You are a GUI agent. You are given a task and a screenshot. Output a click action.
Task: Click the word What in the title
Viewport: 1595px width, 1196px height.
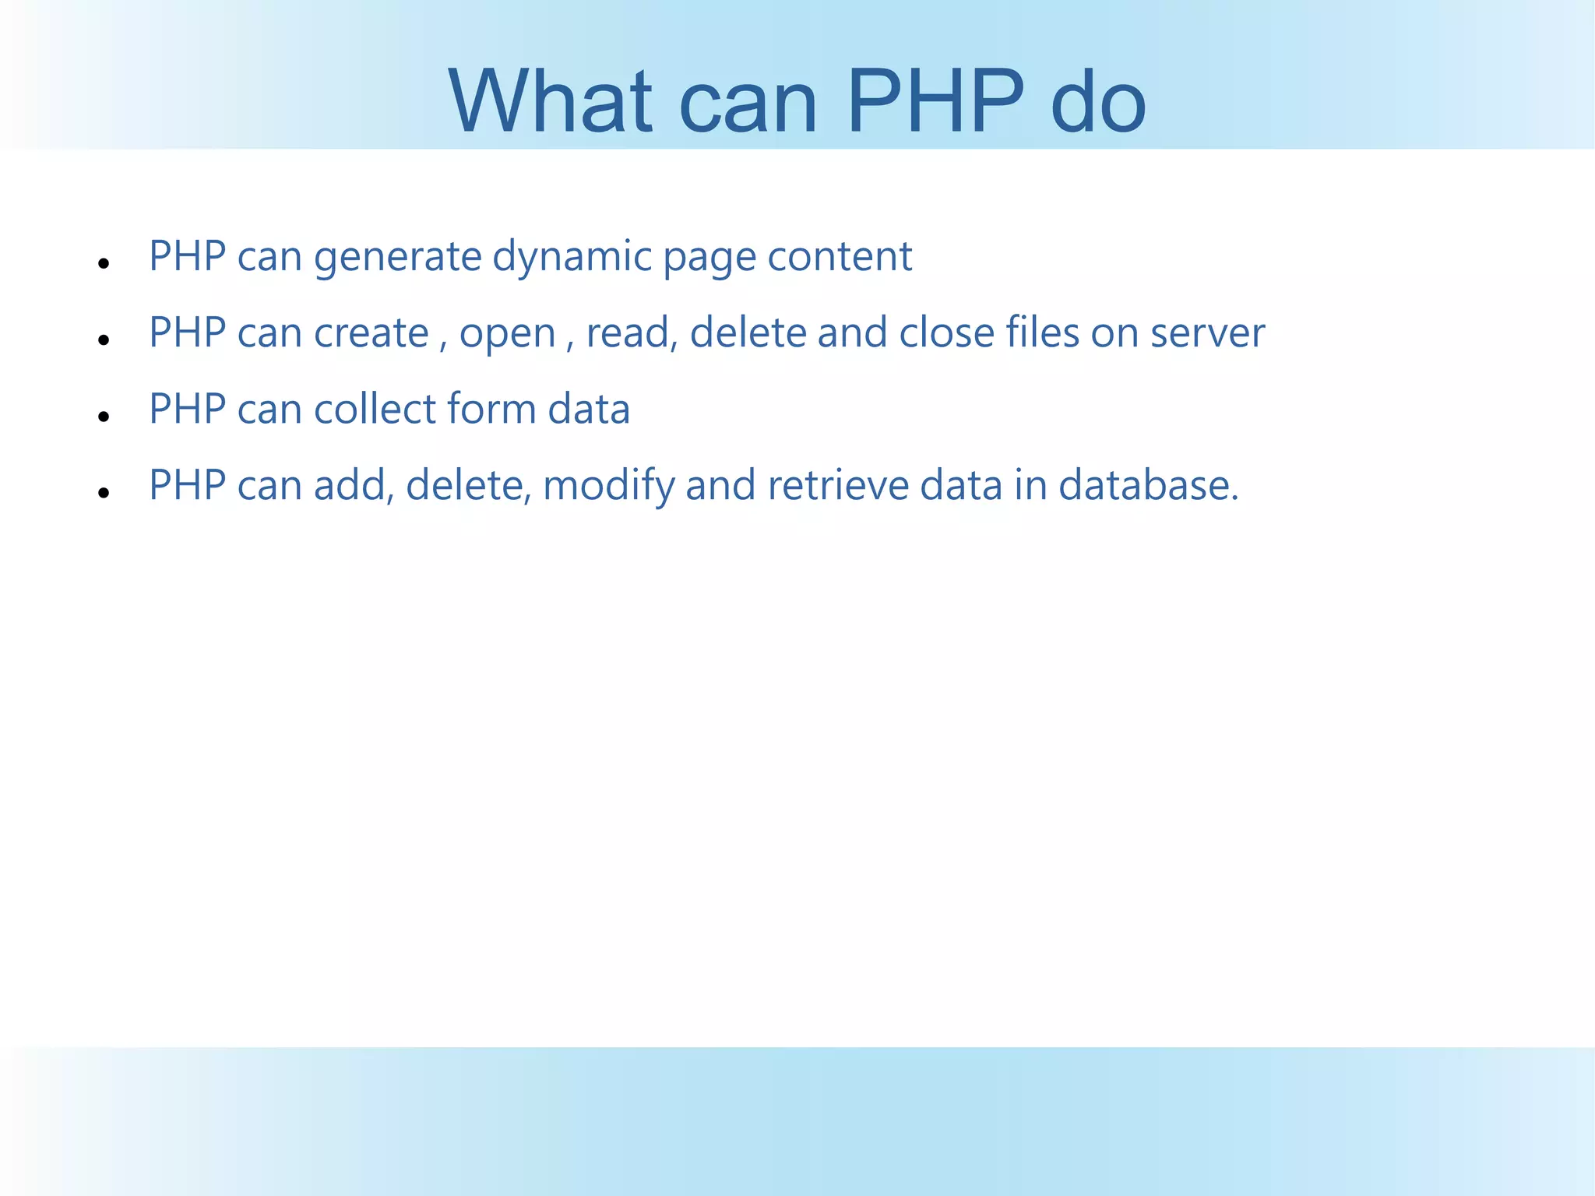click(x=550, y=101)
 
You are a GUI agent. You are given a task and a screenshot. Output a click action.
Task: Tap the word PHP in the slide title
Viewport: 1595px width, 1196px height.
click(x=935, y=101)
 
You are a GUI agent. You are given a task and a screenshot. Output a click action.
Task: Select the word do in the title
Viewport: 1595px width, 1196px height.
click(x=1097, y=101)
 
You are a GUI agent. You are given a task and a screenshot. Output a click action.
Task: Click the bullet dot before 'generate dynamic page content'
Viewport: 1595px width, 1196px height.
click(x=104, y=264)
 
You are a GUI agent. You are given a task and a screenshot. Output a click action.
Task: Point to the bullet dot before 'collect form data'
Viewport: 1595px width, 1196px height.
click(x=104, y=417)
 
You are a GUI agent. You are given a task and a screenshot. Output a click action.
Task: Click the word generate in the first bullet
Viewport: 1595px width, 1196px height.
click(x=398, y=257)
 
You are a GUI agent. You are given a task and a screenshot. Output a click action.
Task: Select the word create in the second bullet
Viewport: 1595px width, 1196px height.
click(x=371, y=333)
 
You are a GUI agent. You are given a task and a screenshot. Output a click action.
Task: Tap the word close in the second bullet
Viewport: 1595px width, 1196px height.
click(x=946, y=333)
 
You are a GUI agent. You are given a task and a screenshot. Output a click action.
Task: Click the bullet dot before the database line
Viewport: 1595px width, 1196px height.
click(x=104, y=493)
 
